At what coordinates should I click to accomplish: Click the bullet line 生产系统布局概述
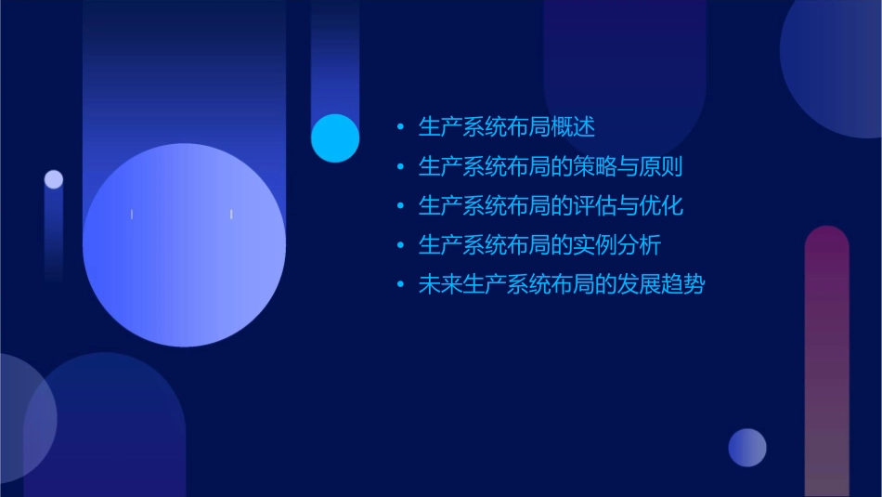[506, 126]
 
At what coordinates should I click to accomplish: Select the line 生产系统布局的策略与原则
[551, 166]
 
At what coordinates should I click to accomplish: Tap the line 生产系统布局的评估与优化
[551, 205]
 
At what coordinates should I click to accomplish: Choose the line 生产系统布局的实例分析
[539, 245]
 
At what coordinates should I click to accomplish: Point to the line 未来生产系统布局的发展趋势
[562, 284]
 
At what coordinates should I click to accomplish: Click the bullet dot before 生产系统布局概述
[400, 127]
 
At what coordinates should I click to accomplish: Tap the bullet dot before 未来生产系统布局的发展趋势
[400, 285]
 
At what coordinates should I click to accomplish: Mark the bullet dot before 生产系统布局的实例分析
[400, 246]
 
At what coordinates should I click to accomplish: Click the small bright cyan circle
[335, 137]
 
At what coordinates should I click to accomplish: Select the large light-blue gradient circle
[184, 245]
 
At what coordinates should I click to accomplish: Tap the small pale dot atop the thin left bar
[54, 179]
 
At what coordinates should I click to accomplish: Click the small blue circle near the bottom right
[747, 448]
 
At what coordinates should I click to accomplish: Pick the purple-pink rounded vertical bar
[826, 362]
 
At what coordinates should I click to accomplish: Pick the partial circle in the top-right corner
[836, 65]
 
